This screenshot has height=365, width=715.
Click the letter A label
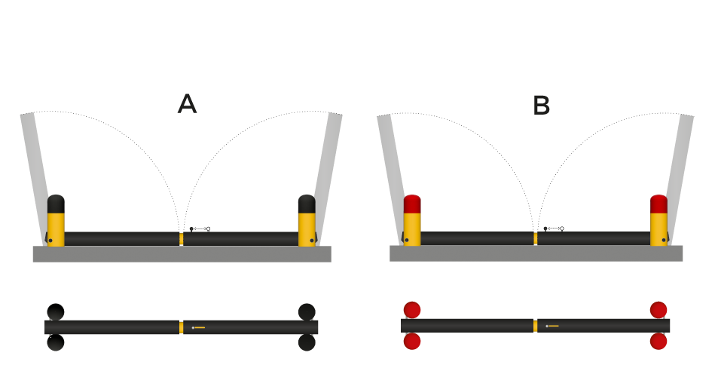tap(187, 104)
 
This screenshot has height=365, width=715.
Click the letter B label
tap(541, 106)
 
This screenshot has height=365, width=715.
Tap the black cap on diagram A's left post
tap(56, 204)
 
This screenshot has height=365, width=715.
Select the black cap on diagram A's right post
tap(307, 204)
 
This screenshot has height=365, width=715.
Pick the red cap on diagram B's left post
tap(412, 204)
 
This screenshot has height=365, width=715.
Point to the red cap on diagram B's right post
tap(658, 204)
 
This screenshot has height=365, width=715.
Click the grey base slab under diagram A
tap(182, 254)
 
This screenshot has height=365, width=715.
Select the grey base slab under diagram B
tap(536, 253)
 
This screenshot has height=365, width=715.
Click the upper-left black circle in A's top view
tap(56, 311)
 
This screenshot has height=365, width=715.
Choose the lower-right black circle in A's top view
tap(307, 342)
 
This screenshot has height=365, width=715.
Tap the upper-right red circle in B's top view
tap(658, 310)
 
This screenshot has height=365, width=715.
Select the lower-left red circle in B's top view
tap(412, 341)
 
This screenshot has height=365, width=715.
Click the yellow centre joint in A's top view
tap(182, 327)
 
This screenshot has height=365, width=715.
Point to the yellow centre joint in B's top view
tap(536, 326)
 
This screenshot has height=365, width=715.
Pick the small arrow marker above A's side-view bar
tap(200, 229)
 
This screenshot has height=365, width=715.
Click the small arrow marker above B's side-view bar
tap(554, 229)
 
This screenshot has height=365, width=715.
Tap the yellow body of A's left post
tap(56, 229)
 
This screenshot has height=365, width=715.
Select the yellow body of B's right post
tap(658, 229)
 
